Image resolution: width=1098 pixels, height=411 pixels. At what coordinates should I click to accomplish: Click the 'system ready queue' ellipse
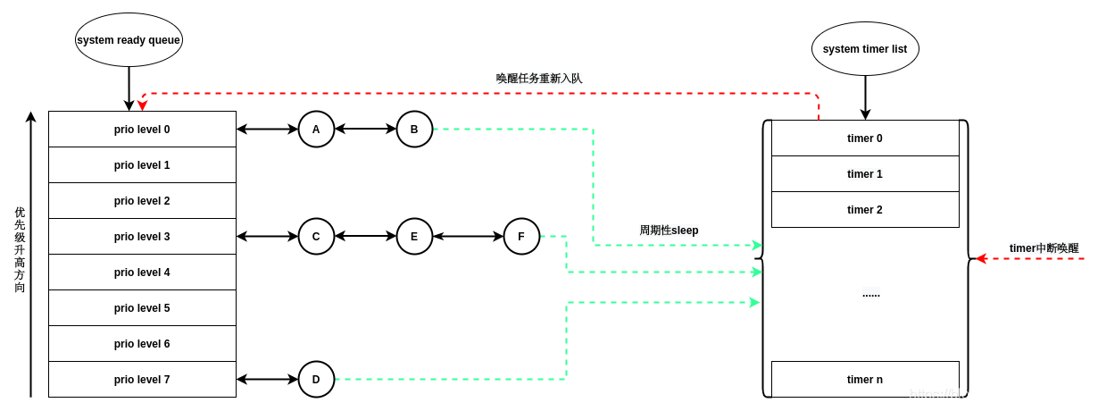point(129,39)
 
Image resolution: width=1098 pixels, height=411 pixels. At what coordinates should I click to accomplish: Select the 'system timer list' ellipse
point(865,49)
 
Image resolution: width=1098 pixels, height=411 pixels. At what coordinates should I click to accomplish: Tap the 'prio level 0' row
point(142,130)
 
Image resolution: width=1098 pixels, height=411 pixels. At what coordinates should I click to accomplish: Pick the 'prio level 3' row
point(142,237)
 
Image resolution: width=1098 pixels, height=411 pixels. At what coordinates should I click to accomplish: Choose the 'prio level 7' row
point(142,380)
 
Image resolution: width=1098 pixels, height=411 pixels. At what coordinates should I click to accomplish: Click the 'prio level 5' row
point(142,308)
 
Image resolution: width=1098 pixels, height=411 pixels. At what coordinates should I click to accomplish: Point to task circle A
point(316,130)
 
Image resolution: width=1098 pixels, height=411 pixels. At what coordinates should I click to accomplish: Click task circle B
point(414,130)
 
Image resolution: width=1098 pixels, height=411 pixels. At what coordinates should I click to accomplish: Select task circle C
point(316,237)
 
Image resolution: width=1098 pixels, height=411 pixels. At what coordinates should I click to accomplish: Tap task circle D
point(316,380)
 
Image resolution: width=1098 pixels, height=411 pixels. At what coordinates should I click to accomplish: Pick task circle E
point(414,237)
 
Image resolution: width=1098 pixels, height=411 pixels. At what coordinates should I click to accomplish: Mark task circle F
point(521,237)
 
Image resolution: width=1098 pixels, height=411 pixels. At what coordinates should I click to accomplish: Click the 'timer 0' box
point(865,138)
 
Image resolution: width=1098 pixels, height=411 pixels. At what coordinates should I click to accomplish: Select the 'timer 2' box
point(865,210)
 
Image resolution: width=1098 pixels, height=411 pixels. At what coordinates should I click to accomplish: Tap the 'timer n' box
point(865,380)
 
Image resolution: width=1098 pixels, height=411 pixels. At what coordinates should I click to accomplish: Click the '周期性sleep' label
point(669,231)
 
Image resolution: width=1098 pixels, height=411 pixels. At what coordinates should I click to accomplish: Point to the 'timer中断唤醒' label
point(1044,248)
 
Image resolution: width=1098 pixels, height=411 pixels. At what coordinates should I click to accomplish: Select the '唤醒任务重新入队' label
point(539,79)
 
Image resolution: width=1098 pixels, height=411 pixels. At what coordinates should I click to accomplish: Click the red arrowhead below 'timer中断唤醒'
point(981,259)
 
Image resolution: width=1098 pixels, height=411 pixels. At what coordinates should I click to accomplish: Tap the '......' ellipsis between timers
point(870,293)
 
